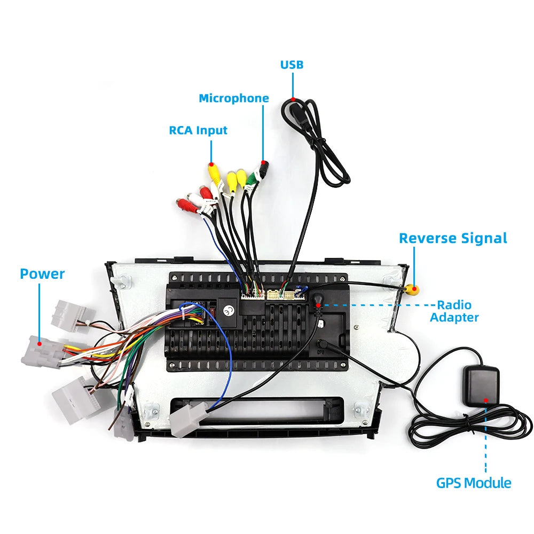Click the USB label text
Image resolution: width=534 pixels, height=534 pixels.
[x=292, y=65]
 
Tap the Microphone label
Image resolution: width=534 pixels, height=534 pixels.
[x=234, y=98]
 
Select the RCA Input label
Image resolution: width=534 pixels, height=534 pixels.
[x=198, y=130]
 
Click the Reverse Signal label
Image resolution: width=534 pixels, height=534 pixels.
[x=453, y=238]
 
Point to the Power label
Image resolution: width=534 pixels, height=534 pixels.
[x=42, y=274]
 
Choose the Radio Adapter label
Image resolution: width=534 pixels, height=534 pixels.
[x=454, y=311]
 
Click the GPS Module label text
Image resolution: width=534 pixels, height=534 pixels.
[x=474, y=483]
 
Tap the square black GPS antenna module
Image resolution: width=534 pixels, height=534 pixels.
[x=481, y=386]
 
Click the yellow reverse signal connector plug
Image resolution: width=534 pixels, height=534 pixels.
[x=412, y=289]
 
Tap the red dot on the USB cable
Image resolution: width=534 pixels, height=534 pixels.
[x=293, y=99]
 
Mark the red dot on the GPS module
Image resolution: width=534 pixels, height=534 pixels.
[x=486, y=400]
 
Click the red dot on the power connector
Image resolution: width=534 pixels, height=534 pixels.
[x=40, y=344]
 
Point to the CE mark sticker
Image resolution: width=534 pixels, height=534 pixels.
[x=228, y=310]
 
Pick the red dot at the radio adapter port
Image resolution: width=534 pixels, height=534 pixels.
[x=318, y=305]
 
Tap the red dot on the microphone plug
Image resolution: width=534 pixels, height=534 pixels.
[x=263, y=162]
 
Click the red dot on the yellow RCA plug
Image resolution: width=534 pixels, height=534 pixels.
[x=211, y=164]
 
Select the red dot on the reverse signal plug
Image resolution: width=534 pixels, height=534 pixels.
[x=414, y=289]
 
